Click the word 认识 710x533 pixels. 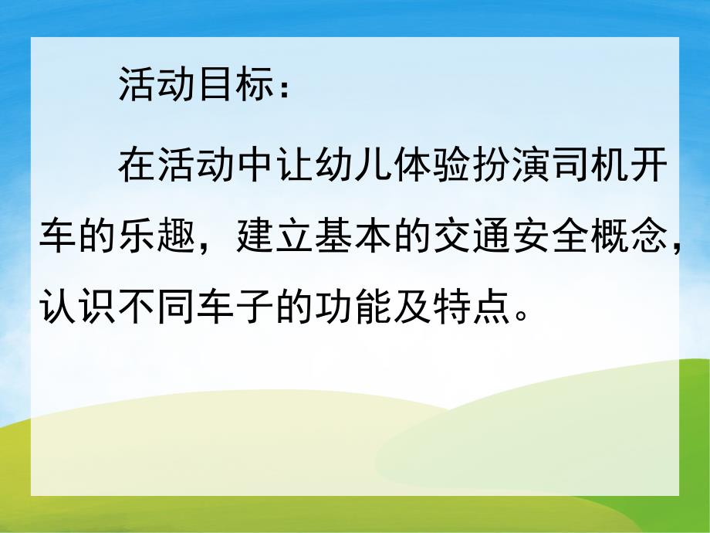77,308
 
